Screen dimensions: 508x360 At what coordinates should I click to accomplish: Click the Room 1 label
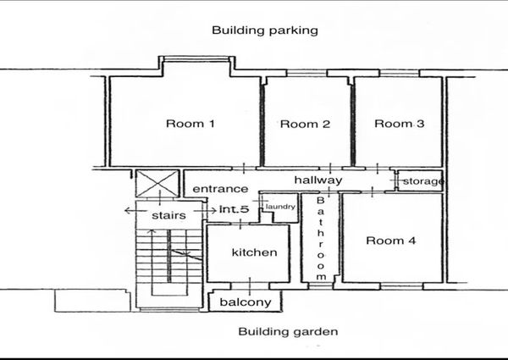click(x=190, y=124)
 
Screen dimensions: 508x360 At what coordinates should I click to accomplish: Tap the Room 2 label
click(x=305, y=124)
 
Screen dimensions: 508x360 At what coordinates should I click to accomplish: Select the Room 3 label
click(x=399, y=124)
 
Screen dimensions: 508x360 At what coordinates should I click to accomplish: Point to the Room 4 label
click(x=390, y=241)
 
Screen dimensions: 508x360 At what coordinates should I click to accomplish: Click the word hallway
click(x=318, y=180)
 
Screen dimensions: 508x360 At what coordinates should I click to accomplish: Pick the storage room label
click(x=423, y=181)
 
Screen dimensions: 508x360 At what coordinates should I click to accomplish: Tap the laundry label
click(x=280, y=207)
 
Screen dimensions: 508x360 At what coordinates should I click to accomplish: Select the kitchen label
click(x=254, y=252)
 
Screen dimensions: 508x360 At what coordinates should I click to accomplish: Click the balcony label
click(x=246, y=302)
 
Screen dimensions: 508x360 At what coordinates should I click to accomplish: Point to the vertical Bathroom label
click(x=320, y=238)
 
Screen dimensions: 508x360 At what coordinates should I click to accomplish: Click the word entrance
click(x=220, y=189)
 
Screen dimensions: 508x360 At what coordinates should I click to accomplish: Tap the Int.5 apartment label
click(x=235, y=209)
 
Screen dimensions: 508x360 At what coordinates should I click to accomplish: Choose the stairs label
click(x=168, y=215)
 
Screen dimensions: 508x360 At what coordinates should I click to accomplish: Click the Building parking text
click(x=265, y=30)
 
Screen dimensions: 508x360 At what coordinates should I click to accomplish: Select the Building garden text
click(x=288, y=332)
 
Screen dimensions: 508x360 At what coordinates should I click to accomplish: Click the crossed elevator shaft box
click(x=157, y=184)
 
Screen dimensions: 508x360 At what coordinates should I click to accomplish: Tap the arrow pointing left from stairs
click(x=134, y=211)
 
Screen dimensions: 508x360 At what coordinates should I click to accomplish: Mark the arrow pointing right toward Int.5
click(x=205, y=211)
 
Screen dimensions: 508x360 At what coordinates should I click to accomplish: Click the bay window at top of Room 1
click(x=196, y=59)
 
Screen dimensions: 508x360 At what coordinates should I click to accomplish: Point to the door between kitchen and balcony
click(x=250, y=285)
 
